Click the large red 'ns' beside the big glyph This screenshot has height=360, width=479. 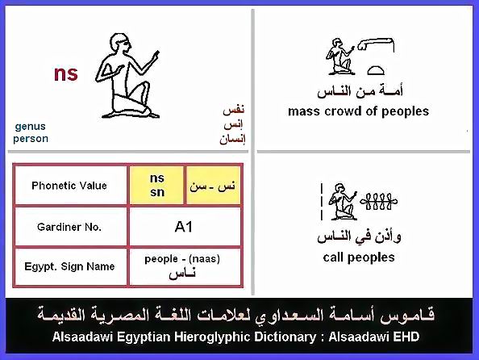tap(65, 73)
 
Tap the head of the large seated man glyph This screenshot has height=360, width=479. tap(119, 45)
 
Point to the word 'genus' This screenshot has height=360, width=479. tap(31, 127)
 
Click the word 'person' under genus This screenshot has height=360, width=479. tap(31, 139)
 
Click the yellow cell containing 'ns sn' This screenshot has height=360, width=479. tap(156, 186)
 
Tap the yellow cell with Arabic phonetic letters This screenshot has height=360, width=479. tap(213, 186)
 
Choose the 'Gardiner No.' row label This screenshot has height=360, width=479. tap(69, 227)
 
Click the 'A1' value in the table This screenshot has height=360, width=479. tap(184, 227)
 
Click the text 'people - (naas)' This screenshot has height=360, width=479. tap(182, 259)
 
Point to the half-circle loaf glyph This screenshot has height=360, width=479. tap(375, 71)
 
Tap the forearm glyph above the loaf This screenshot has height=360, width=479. tap(376, 44)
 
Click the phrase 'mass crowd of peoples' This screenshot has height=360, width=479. tap(358, 111)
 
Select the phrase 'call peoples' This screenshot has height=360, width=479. tap(359, 257)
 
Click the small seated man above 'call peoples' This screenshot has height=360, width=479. tap(342, 202)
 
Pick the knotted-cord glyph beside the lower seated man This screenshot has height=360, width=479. tap(379, 202)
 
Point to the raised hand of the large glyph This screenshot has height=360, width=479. tap(156, 54)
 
